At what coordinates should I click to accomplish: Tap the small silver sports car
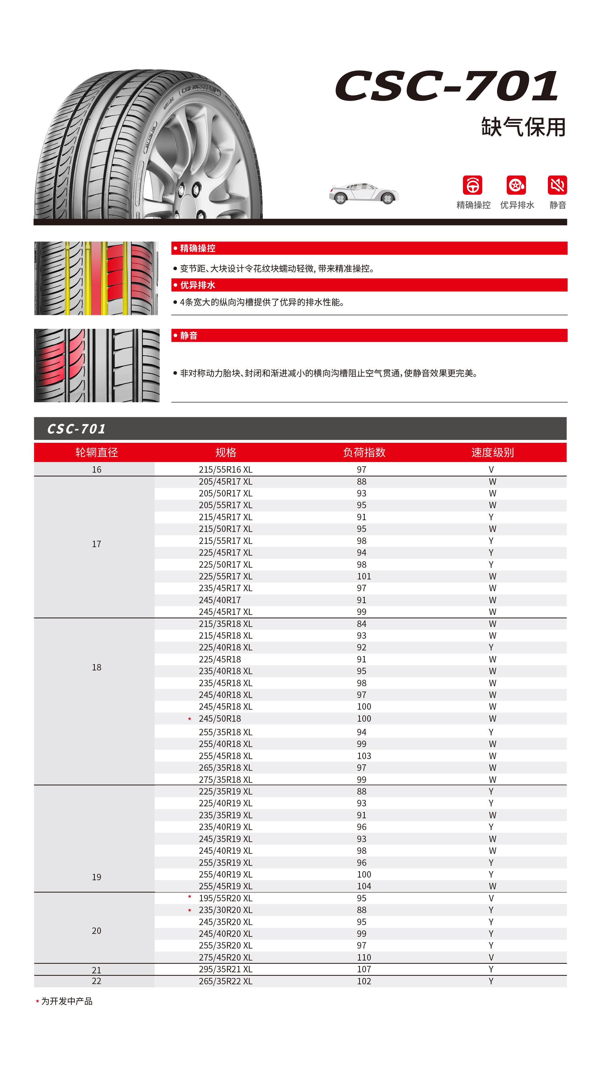point(364,193)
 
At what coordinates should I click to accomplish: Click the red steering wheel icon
point(472,185)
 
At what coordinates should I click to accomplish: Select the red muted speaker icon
point(557,185)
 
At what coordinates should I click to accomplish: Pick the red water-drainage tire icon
point(516,185)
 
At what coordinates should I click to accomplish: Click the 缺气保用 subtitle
point(523,127)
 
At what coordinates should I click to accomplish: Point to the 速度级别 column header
point(492,452)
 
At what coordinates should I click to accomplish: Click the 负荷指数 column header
point(364,452)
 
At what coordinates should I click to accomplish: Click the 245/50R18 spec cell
point(220,718)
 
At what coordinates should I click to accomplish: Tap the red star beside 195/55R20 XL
point(190,897)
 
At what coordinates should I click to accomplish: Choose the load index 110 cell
point(364,957)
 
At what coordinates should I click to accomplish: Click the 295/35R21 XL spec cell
point(225,969)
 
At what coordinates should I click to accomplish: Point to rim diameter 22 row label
point(96,981)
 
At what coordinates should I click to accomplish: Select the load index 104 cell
point(364,886)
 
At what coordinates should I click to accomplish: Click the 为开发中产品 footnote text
point(67,1001)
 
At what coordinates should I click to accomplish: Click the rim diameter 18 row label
point(96,667)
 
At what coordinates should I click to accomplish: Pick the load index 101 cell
point(364,576)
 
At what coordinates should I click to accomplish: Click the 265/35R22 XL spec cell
point(225,981)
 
